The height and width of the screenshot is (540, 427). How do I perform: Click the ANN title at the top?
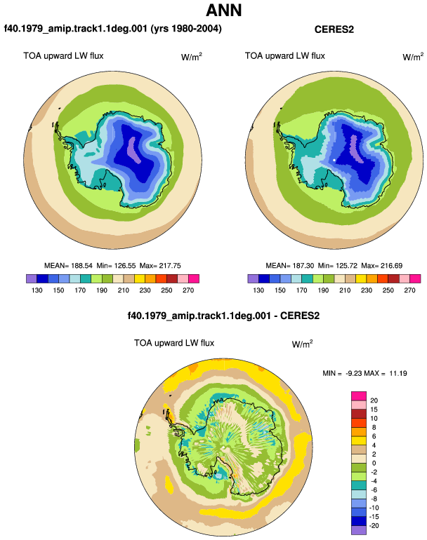pyautogui.click(x=223, y=11)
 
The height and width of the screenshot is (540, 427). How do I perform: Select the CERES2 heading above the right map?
pyautogui.click(x=334, y=29)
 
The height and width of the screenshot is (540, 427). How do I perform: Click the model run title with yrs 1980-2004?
pyautogui.click(x=113, y=29)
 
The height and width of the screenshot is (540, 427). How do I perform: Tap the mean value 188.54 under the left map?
pyautogui.click(x=81, y=266)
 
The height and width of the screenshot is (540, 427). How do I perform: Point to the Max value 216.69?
pyautogui.click(x=391, y=266)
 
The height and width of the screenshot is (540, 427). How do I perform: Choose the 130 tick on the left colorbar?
pyautogui.click(x=37, y=290)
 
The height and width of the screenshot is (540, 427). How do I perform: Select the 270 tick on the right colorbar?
pyautogui.click(x=409, y=290)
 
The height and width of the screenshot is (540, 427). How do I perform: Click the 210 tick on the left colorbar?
pyautogui.click(x=123, y=290)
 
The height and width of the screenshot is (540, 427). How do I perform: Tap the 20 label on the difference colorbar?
pyautogui.click(x=374, y=400)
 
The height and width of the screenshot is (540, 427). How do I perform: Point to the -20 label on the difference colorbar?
pyautogui.click(x=374, y=526)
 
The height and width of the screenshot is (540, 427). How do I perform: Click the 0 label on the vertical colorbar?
pyautogui.click(x=374, y=463)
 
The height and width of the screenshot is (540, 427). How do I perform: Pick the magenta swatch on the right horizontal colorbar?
pyautogui.click(x=415, y=278)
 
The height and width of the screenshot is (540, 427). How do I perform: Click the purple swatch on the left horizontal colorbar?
pyautogui.click(x=32, y=278)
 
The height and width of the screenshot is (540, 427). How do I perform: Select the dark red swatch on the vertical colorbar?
pyautogui.click(x=359, y=414)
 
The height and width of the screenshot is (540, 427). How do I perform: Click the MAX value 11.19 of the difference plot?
pyautogui.click(x=398, y=373)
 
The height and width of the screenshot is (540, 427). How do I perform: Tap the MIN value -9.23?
pyautogui.click(x=353, y=373)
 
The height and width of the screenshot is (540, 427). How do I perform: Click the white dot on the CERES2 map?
pyautogui.click(x=334, y=160)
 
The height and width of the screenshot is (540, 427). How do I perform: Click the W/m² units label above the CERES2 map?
pyautogui.click(x=413, y=57)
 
